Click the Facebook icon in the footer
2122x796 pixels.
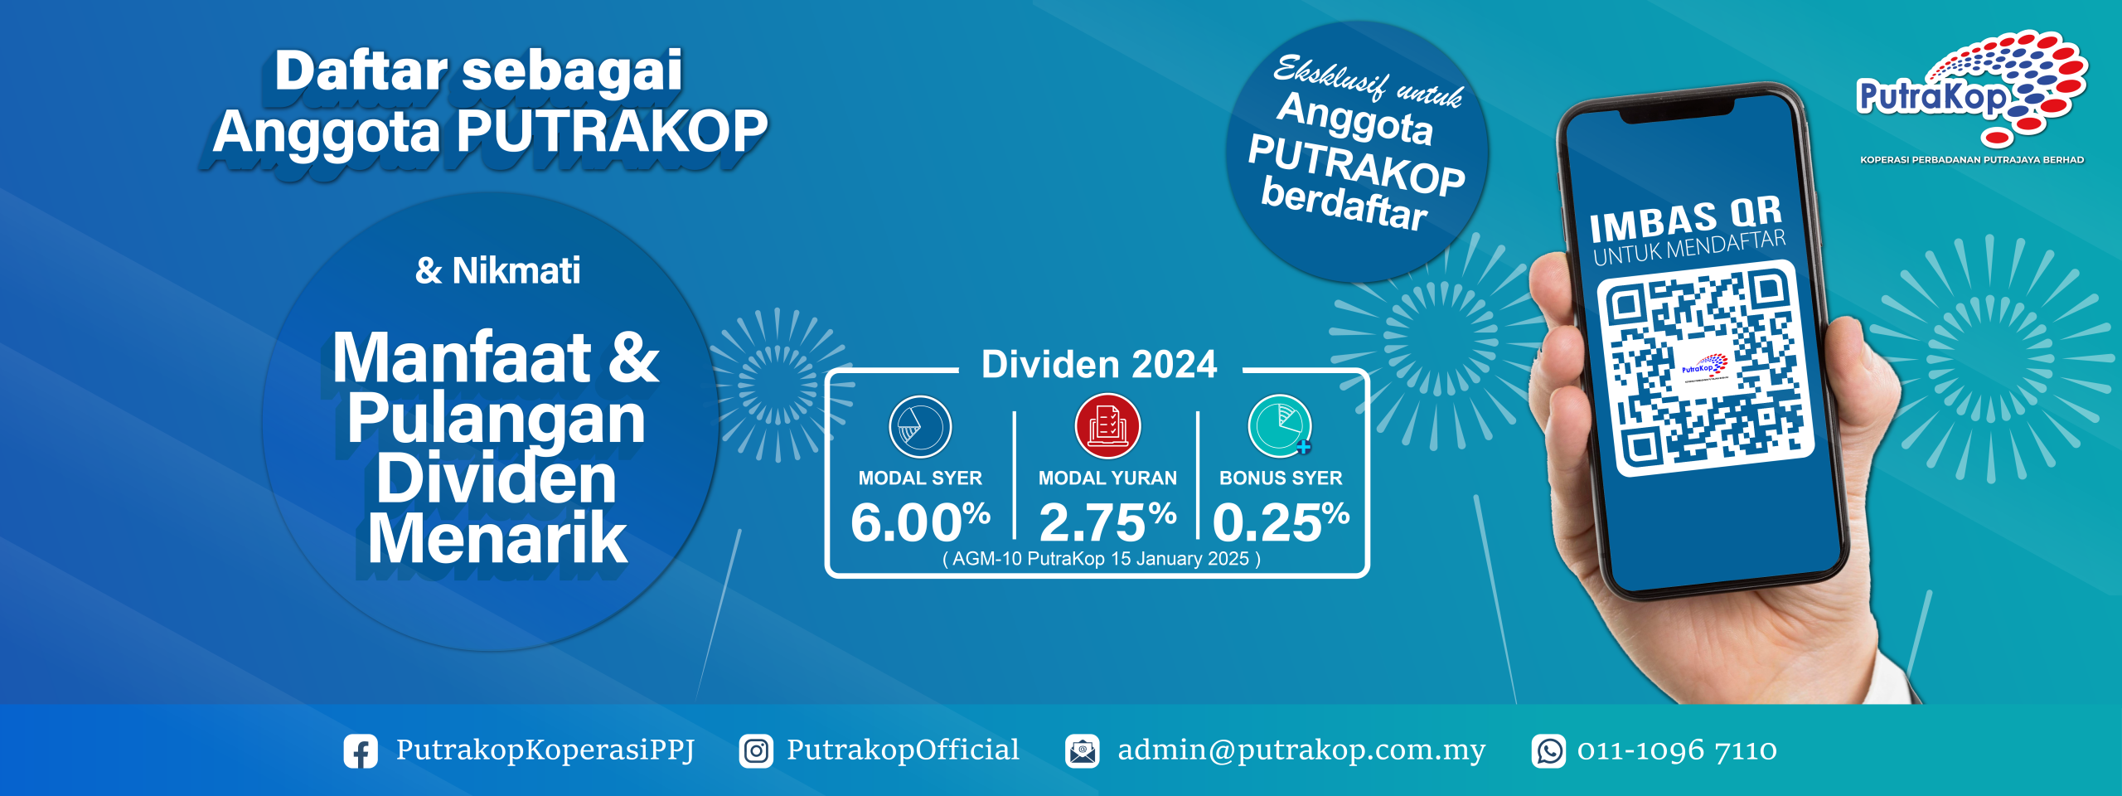361,751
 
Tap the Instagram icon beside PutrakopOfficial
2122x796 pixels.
756,751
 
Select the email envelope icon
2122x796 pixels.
1083,751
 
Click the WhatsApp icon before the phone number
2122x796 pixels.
1548,751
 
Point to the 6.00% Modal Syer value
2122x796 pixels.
921,522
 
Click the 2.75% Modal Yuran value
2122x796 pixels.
1108,522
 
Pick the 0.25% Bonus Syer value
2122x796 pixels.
1281,522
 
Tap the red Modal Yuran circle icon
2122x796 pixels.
1108,426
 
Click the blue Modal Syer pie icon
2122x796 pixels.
920,427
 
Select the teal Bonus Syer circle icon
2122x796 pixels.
1281,426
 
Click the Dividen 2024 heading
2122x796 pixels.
1099,364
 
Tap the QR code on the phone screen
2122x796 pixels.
1706,368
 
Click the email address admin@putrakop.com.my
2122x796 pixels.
1301,750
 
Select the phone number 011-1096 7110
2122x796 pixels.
1677,751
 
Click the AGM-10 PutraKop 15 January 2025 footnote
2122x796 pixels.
1102,559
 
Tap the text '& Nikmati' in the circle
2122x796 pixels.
497,270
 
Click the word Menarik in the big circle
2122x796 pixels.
497,539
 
